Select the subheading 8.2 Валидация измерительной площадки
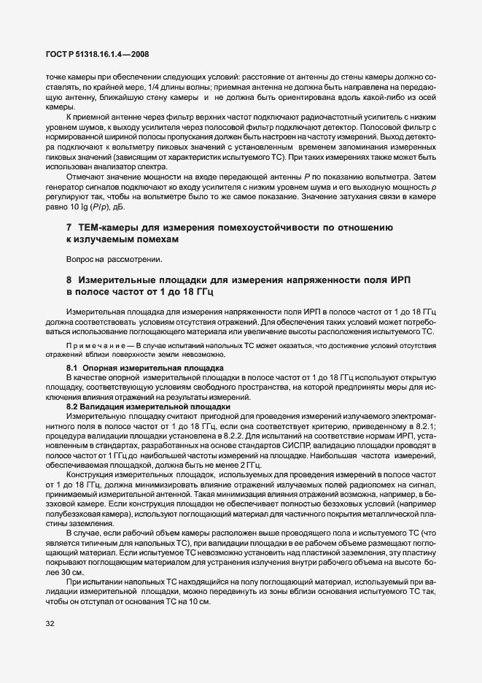(x=149, y=406)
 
